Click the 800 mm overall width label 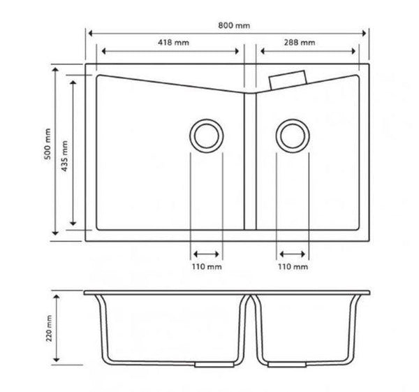234,26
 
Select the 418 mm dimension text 173,43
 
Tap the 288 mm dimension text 300,43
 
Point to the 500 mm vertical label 47,144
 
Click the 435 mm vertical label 65,156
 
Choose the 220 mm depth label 49,328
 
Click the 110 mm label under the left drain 207,267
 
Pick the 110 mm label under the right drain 293,267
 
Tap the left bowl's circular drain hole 207,136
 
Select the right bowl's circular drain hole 293,136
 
